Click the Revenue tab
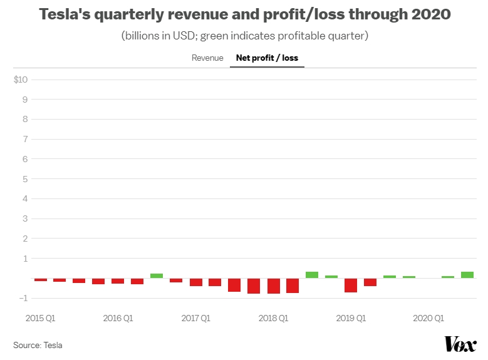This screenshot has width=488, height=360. [x=207, y=58]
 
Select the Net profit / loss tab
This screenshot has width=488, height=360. [x=267, y=58]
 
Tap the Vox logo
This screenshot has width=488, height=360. [x=460, y=344]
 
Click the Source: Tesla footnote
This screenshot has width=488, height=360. [x=38, y=346]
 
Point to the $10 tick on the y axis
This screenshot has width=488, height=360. [x=21, y=80]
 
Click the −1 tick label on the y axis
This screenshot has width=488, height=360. [x=23, y=298]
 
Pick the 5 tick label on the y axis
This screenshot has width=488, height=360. [x=25, y=179]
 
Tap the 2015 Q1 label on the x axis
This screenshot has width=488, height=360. [x=41, y=318]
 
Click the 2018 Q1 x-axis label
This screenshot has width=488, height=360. [x=273, y=318]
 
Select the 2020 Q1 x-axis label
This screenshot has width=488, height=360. [x=428, y=318]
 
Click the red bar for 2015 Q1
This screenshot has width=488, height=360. [x=41, y=280]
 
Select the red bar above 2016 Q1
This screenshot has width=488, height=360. [x=118, y=281]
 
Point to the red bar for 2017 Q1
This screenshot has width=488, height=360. [x=196, y=282]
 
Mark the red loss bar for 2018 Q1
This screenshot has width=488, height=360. [x=274, y=286]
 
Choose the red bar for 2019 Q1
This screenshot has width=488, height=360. [x=351, y=285]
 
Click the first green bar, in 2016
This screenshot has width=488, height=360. [x=157, y=276]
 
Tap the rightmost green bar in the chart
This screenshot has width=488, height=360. [x=467, y=275]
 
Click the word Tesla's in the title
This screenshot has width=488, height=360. [x=65, y=14]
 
